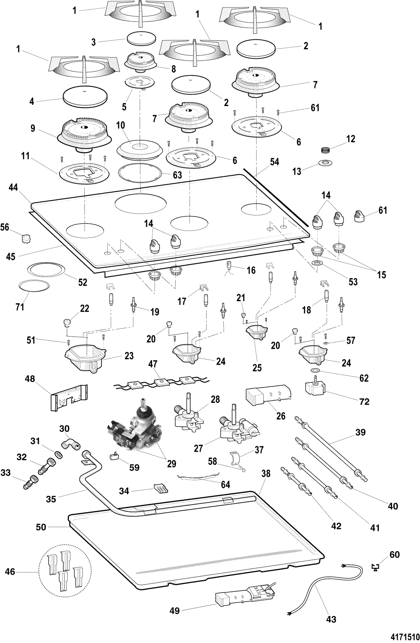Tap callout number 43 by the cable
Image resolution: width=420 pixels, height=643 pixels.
click(x=331, y=620)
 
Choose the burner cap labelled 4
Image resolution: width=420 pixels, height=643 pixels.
click(x=85, y=96)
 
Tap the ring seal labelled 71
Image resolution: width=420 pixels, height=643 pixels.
click(x=34, y=286)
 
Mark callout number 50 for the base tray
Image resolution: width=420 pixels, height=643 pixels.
click(x=41, y=528)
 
